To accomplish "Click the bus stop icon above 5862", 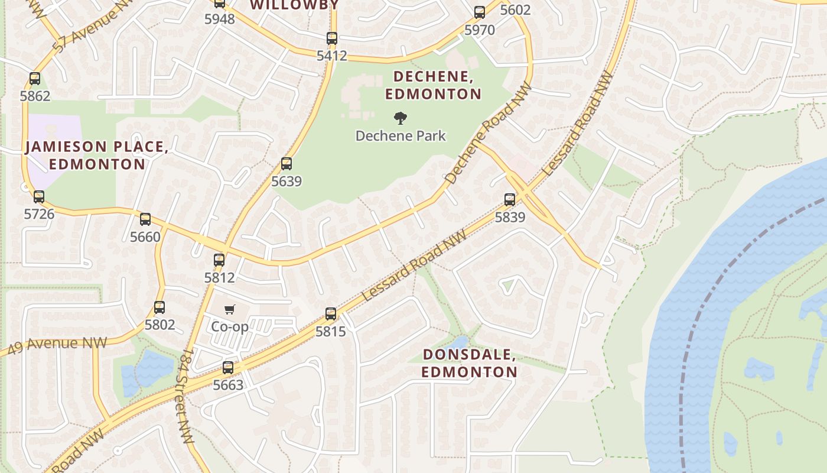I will tap(35, 79).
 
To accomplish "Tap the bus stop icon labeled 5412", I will tap(332, 38).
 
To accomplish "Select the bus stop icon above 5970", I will tap(480, 12).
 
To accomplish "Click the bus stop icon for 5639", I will tap(286, 164).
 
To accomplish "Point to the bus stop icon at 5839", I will tap(510, 200).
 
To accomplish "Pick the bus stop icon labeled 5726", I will tap(39, 197).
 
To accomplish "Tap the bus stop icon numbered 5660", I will tap(145, 219).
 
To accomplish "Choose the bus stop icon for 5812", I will tap(219, 260).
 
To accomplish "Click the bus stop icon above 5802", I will tap(159, 307).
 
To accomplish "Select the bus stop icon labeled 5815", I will tap(331, 314).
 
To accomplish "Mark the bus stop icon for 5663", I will tap(228, 368).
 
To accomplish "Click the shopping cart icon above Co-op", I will tap(230, 309).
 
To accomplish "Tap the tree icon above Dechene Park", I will tap(401, 118).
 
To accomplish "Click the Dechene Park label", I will tap(401, 136).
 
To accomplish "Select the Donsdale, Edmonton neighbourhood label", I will tap(470, 364).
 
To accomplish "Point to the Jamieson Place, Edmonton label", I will tap(97, 155).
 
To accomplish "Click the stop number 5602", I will tap(515, 10).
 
